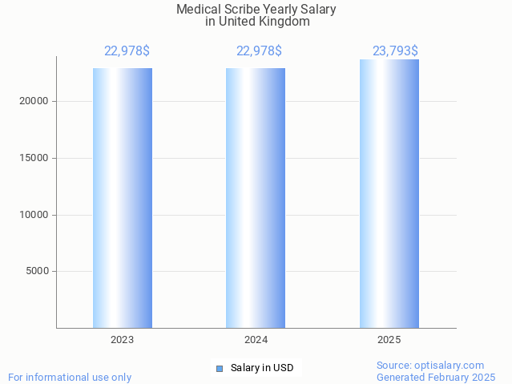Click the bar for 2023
122,197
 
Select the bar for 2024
255,197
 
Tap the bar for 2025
389,193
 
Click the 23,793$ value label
395,51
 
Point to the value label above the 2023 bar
127,51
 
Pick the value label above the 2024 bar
259,51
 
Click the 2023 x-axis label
122,340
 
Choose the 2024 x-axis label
256,340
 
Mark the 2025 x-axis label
389,340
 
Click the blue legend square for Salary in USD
220,369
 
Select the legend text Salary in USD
262,369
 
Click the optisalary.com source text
430,366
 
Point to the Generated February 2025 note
436,377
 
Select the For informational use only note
70,377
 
